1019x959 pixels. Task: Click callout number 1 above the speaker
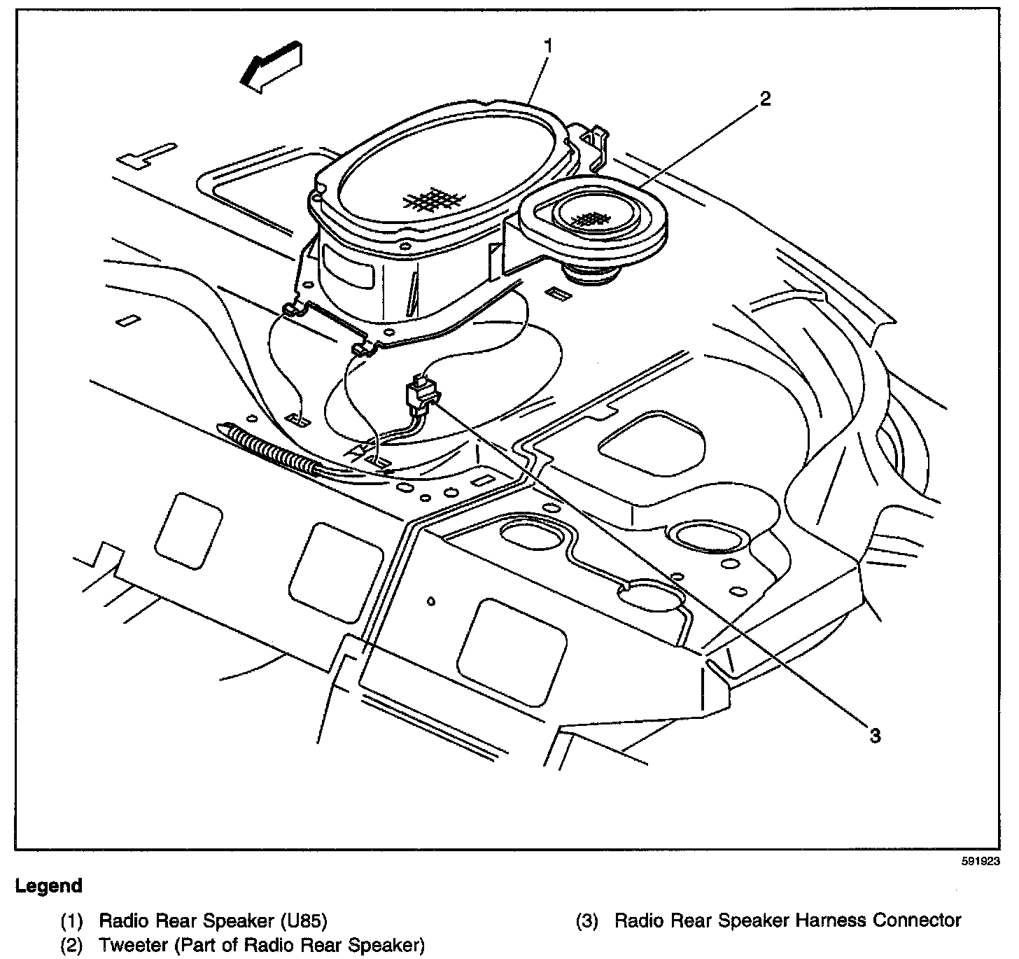549,47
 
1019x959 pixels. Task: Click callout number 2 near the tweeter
765,99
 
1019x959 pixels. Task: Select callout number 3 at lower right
875,735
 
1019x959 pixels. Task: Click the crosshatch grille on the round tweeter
589,219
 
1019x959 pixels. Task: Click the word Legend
49,885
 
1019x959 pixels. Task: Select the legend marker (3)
587,920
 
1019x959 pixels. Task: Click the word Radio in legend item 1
121,920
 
